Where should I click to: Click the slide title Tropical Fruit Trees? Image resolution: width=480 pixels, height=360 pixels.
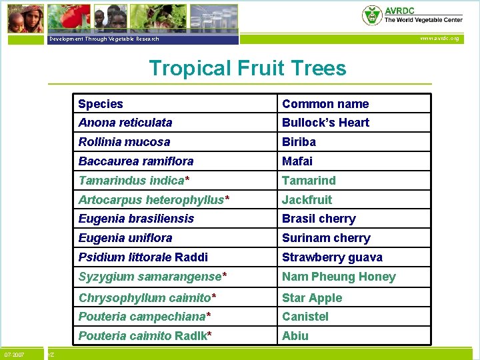click(247, 68)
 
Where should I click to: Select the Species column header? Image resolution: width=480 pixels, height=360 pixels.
click(101, 104)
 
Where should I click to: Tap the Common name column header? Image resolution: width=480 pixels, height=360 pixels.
click(325, 104)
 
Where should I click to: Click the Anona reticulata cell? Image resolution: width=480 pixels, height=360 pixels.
click(125, 123)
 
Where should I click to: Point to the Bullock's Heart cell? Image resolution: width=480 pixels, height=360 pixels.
click(325, 123)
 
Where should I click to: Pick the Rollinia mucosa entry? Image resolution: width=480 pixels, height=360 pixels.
click(124, 142)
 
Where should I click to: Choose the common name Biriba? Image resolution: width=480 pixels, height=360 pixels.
click(299, 142)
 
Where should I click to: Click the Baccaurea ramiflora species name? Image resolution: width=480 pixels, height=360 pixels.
click(136, 161)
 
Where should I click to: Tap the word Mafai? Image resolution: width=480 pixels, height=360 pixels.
click(297, 161)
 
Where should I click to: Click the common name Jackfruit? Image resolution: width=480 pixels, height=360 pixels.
click(307, 200)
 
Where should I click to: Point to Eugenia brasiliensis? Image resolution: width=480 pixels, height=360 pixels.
click(136, 219)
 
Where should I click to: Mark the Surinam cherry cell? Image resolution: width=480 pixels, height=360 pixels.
click(326, 238)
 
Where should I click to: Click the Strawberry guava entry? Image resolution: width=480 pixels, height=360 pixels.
click(331, 257)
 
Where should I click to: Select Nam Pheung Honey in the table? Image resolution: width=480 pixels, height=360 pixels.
click(339, 277)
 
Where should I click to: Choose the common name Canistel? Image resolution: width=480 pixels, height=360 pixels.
click(305, 317)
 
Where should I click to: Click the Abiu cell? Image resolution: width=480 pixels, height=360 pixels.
click(295, 336)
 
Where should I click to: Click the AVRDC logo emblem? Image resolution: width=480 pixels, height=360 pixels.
click(371, 15)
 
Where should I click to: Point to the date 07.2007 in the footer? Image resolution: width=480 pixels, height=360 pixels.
click(15, 354)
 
